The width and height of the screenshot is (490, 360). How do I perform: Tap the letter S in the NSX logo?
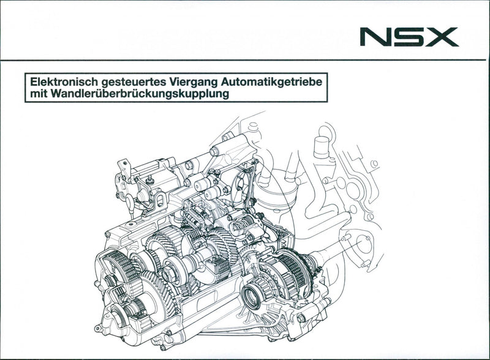tap(409, 37)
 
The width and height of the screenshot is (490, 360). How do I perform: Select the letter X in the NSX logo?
tap(441, 37)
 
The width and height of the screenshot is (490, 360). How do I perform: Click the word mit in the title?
tap(37, 95)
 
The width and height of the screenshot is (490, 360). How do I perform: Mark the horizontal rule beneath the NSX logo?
tap(245, 60)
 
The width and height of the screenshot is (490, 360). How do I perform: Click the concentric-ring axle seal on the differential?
tap(251, 297)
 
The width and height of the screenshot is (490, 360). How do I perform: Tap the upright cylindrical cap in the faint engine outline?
tap(322, 148)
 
